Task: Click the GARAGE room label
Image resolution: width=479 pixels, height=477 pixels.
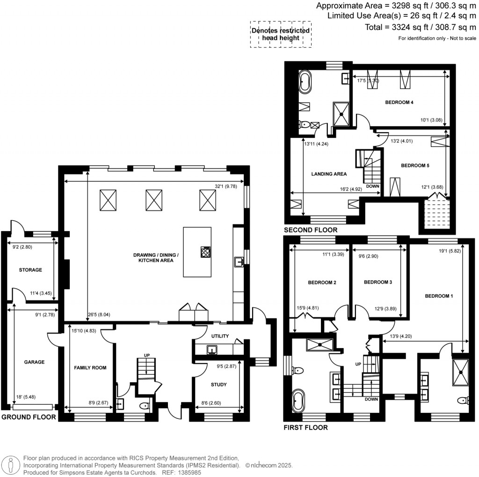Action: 35,362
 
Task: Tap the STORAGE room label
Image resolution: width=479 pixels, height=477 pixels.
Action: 30,270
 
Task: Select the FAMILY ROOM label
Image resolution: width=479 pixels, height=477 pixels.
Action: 90,368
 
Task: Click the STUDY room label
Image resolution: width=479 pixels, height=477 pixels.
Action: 218,385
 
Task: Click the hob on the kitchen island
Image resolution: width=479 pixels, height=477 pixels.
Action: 205,253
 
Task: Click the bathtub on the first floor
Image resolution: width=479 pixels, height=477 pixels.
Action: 298,400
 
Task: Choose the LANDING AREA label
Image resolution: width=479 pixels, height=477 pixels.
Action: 329,174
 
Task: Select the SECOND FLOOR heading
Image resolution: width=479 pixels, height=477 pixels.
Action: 311,230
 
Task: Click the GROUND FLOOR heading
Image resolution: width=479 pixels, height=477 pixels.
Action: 29,417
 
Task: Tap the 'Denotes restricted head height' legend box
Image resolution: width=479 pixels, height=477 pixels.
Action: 280,34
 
